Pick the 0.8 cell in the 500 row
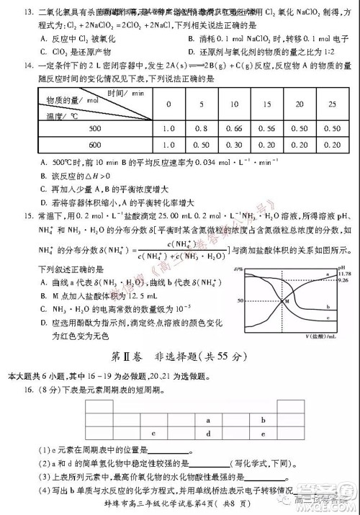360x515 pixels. (x=203, y=128)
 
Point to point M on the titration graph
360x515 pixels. (x=286, y=300)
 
